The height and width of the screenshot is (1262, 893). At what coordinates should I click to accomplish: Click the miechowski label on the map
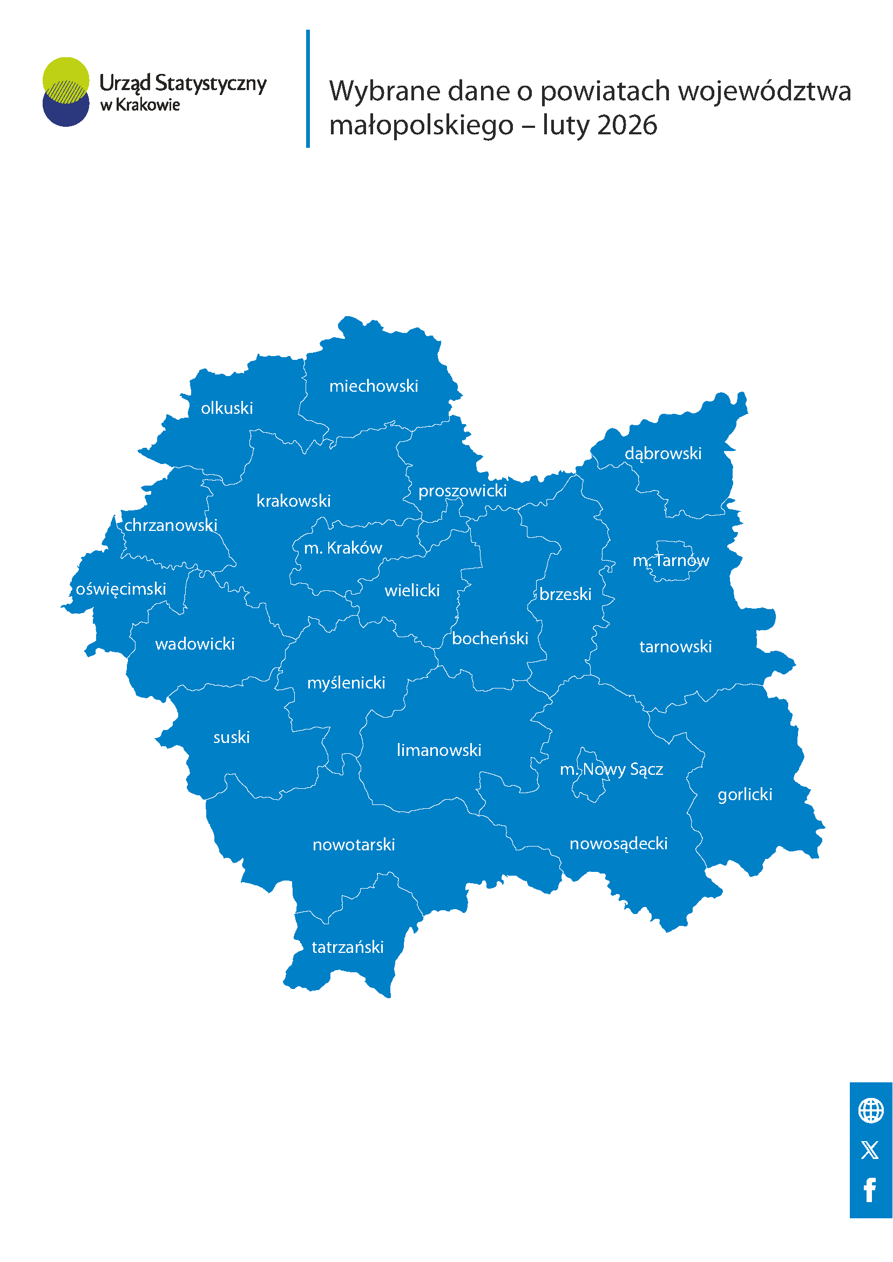[x=374, y=386]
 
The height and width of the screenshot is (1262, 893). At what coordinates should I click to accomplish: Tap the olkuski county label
[x=227, y=408]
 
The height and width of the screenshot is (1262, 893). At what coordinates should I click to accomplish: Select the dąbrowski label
[x=662, y=453]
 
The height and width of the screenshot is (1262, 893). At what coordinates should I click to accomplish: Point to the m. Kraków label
[x=343, y=548]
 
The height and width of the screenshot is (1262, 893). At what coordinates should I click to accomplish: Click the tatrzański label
[x=347, y=947]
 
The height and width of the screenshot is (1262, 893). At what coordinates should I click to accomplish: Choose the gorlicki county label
[x=745, y=794]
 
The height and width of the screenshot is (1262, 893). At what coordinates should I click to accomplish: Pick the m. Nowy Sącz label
[x=611, y=769]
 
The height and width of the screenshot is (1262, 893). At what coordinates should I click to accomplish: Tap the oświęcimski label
[x=120, y=589]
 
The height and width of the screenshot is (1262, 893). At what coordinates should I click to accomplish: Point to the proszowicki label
[x=463, y=490]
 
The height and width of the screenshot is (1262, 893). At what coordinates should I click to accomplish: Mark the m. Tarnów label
[x=671, y=560]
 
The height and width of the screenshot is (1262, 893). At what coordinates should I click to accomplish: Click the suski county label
[x=232, y=737]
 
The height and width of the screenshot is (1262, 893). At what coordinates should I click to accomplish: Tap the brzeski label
[x=565, y=594]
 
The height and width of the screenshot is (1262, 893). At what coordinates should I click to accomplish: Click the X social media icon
[x=870, y=1150]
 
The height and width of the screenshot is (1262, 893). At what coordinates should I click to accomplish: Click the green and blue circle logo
[x=66, y=92]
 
